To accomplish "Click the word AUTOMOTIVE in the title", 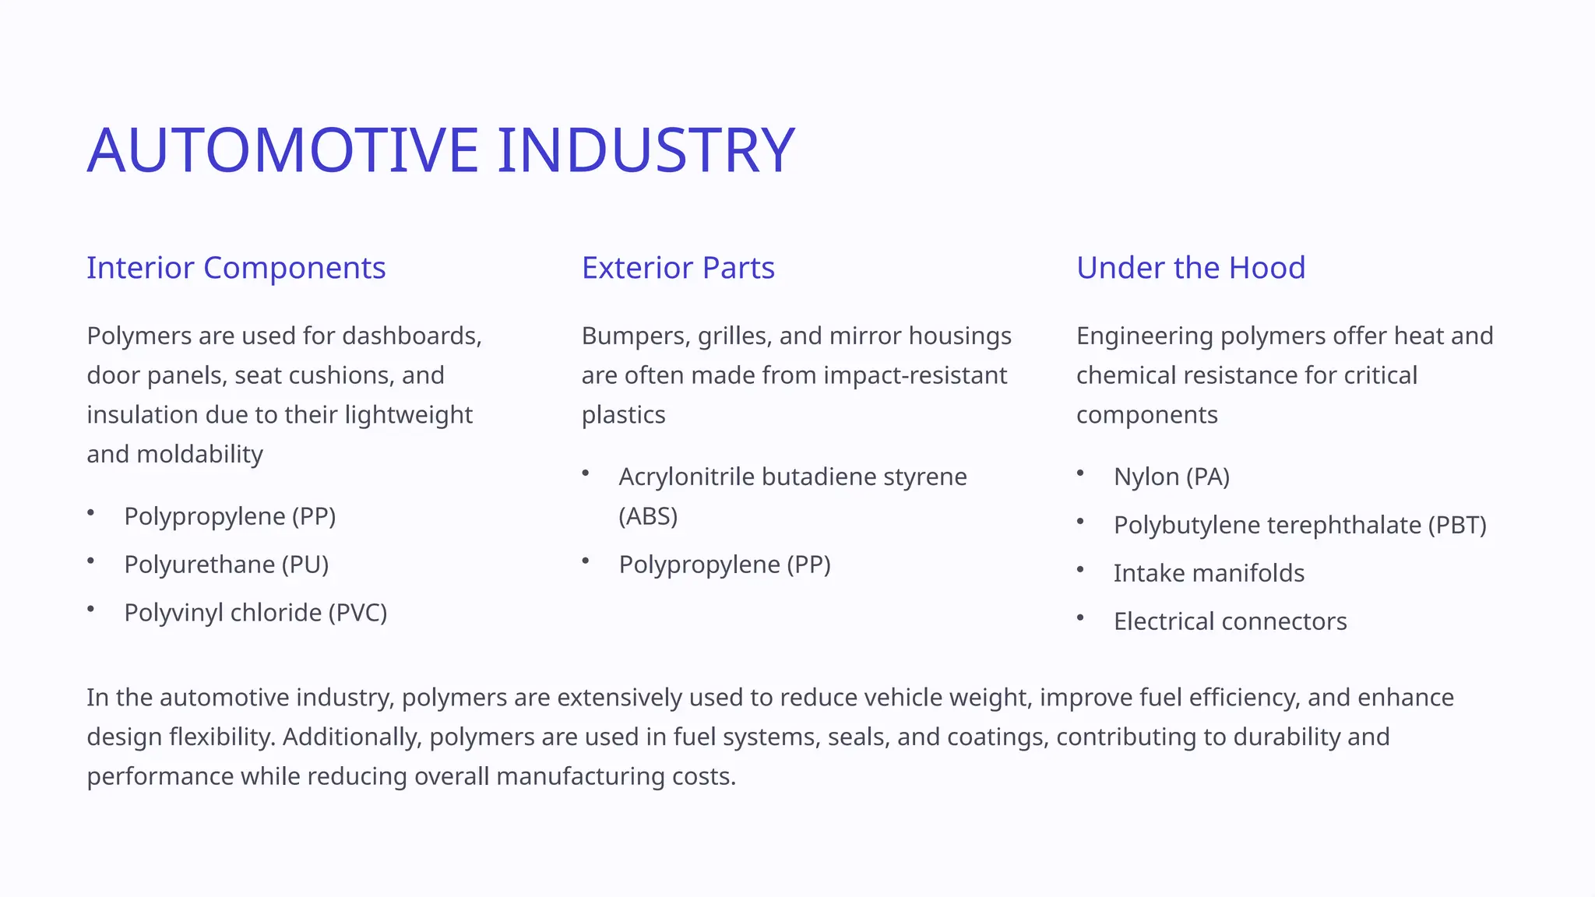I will [282, 149].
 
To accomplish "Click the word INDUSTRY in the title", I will [646, 149].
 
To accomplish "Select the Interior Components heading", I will [236, 268].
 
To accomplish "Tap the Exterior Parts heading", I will [678, 268].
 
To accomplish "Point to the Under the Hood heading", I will [1190, 268].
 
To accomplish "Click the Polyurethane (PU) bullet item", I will [226, 565].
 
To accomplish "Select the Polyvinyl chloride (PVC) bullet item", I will [255, 613].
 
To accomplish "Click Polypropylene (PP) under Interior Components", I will [230, 516].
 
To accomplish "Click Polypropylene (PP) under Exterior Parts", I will [724, 565].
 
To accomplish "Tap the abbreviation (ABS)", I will [648, 516].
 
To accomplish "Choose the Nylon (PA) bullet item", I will [1171, 477].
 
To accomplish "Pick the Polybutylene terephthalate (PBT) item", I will [1300, 525].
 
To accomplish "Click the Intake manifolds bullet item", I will [1209, 573].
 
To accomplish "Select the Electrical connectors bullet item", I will [1230, 621].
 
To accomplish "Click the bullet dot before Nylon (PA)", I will [1080, 473].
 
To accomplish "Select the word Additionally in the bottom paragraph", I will [352, 737].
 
